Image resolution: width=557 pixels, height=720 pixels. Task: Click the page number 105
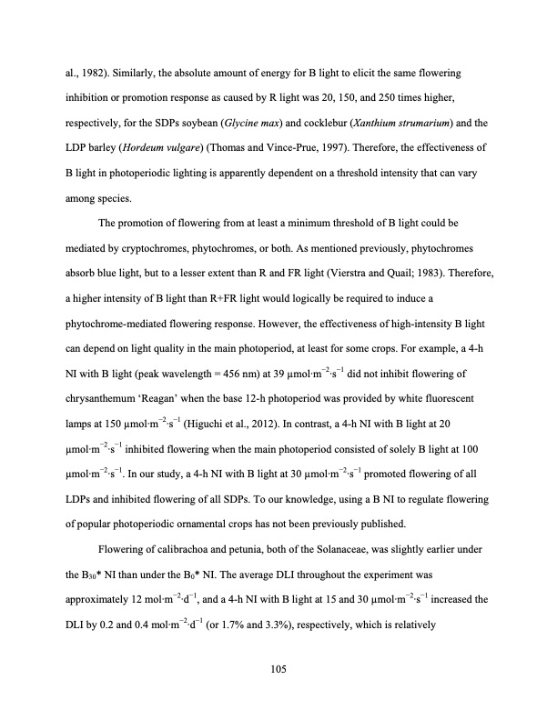click(278, 669)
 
